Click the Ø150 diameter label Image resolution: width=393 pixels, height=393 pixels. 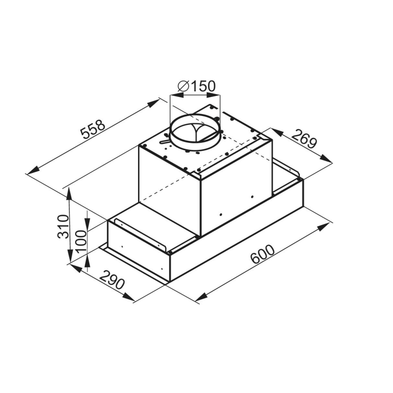(196, 86)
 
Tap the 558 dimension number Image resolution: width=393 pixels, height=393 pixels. (93, 129)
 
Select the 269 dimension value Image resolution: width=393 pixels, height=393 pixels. (304, 139)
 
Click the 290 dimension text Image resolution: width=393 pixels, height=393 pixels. (112, 280)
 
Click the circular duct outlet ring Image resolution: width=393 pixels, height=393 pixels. (195, 131)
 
